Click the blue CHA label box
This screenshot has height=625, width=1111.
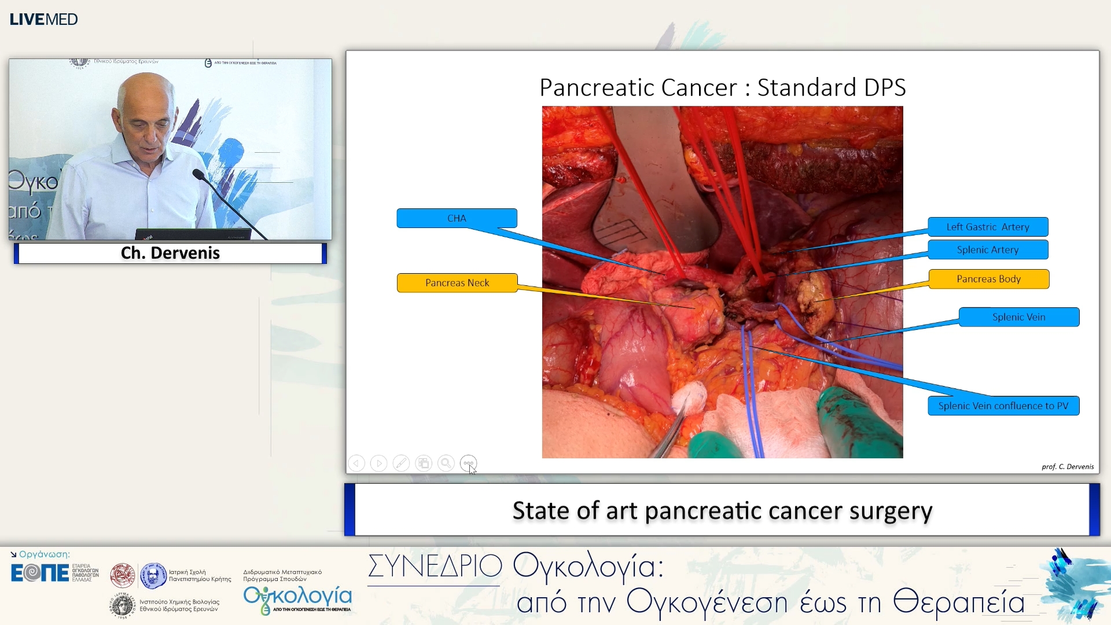[457, 218]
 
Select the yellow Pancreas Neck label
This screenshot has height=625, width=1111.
[457, 283]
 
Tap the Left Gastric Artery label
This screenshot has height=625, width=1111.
[988, 227]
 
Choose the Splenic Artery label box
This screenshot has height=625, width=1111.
[988, 250]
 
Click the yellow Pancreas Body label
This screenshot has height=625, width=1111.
[988, 279]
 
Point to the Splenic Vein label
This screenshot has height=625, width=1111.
[1018, 317]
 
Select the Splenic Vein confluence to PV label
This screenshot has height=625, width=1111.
[1003, 406]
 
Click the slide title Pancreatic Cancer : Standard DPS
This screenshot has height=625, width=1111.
[722, 88]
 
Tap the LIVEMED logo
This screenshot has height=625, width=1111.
[44, 20]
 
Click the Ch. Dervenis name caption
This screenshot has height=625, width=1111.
[170, 253]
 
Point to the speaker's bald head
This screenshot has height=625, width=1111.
[145, 93]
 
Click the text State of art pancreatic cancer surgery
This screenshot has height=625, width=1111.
[722, 510]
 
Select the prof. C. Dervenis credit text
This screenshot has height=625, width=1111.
[1067, 466]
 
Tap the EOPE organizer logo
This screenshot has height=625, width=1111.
[39, 573]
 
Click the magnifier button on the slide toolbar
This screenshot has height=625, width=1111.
[446, 464]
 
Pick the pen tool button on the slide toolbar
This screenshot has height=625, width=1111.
[401, 464]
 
